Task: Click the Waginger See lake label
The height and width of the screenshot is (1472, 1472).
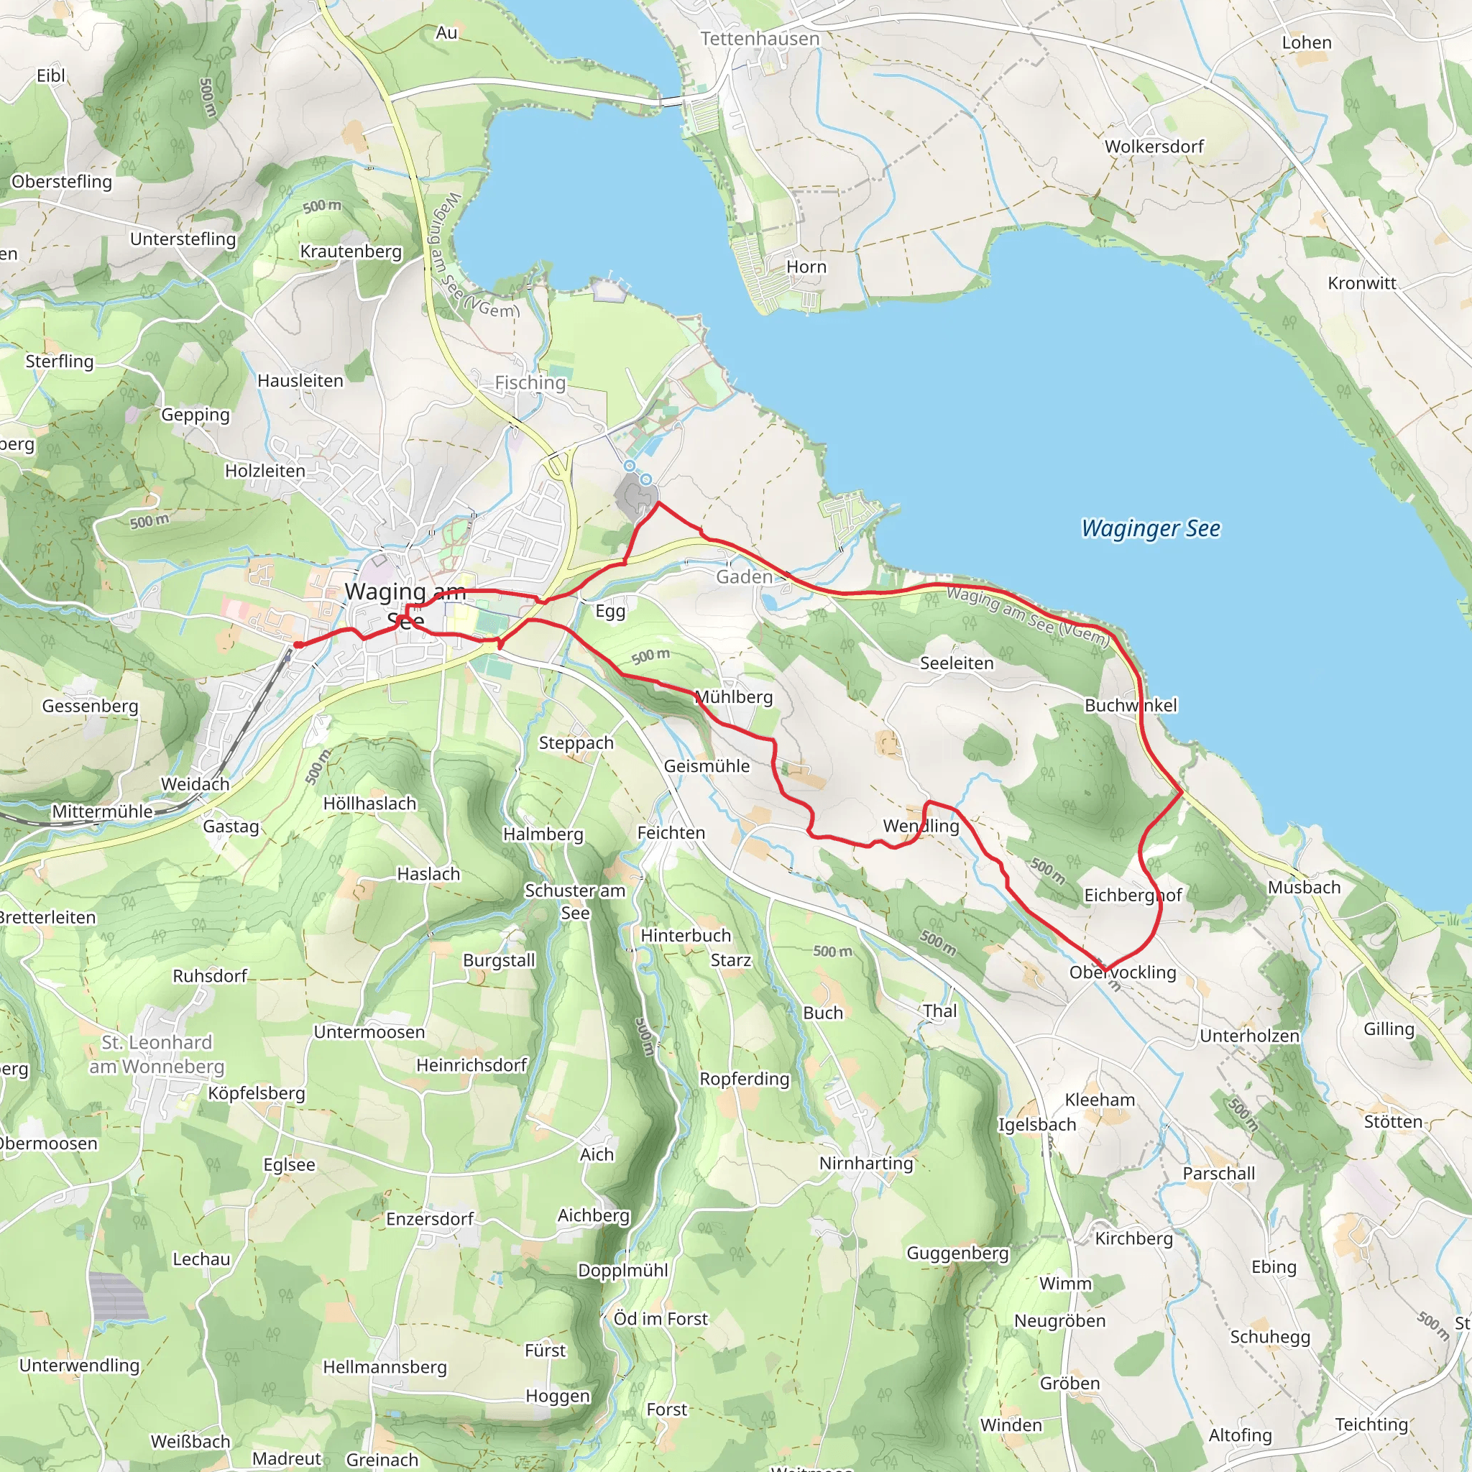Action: [x=1151, y=528]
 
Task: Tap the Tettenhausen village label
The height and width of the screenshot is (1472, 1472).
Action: [x=760, y=39]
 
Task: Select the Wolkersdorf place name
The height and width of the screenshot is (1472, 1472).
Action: [x=1154, y=147]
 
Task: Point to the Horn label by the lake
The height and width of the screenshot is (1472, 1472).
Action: [x=806, y=267]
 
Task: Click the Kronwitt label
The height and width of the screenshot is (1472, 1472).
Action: [x=1361, y=283]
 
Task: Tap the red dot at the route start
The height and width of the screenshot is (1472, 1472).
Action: [x=298, y=645]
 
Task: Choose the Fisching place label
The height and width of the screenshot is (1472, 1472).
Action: [x=530, y=382]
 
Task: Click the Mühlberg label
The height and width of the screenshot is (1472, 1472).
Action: [x=734, y=697]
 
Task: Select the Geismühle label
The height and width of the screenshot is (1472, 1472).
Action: [x=707, y=765]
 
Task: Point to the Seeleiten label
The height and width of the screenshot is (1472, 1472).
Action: [x=956, y=663]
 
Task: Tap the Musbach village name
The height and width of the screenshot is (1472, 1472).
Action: [x=1304, y=887]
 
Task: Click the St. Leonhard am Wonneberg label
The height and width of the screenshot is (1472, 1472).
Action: [x=157, y=1054]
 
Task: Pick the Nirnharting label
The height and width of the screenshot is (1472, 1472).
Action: [x=865, y=1163]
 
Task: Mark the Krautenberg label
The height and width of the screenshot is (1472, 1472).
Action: [x=351, y=252]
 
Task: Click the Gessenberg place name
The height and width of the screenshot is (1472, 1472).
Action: [x=90, y=707]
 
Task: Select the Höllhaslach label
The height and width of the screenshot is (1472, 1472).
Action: [x=369, y=803]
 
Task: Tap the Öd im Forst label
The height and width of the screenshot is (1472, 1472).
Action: [x=661, y=1318]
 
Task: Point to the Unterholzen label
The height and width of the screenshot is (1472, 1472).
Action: [x=1248, y=1036]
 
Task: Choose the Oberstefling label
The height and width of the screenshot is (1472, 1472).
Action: [x=62, y=181]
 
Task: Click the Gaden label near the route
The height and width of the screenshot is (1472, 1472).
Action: [x=744, y=576]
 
